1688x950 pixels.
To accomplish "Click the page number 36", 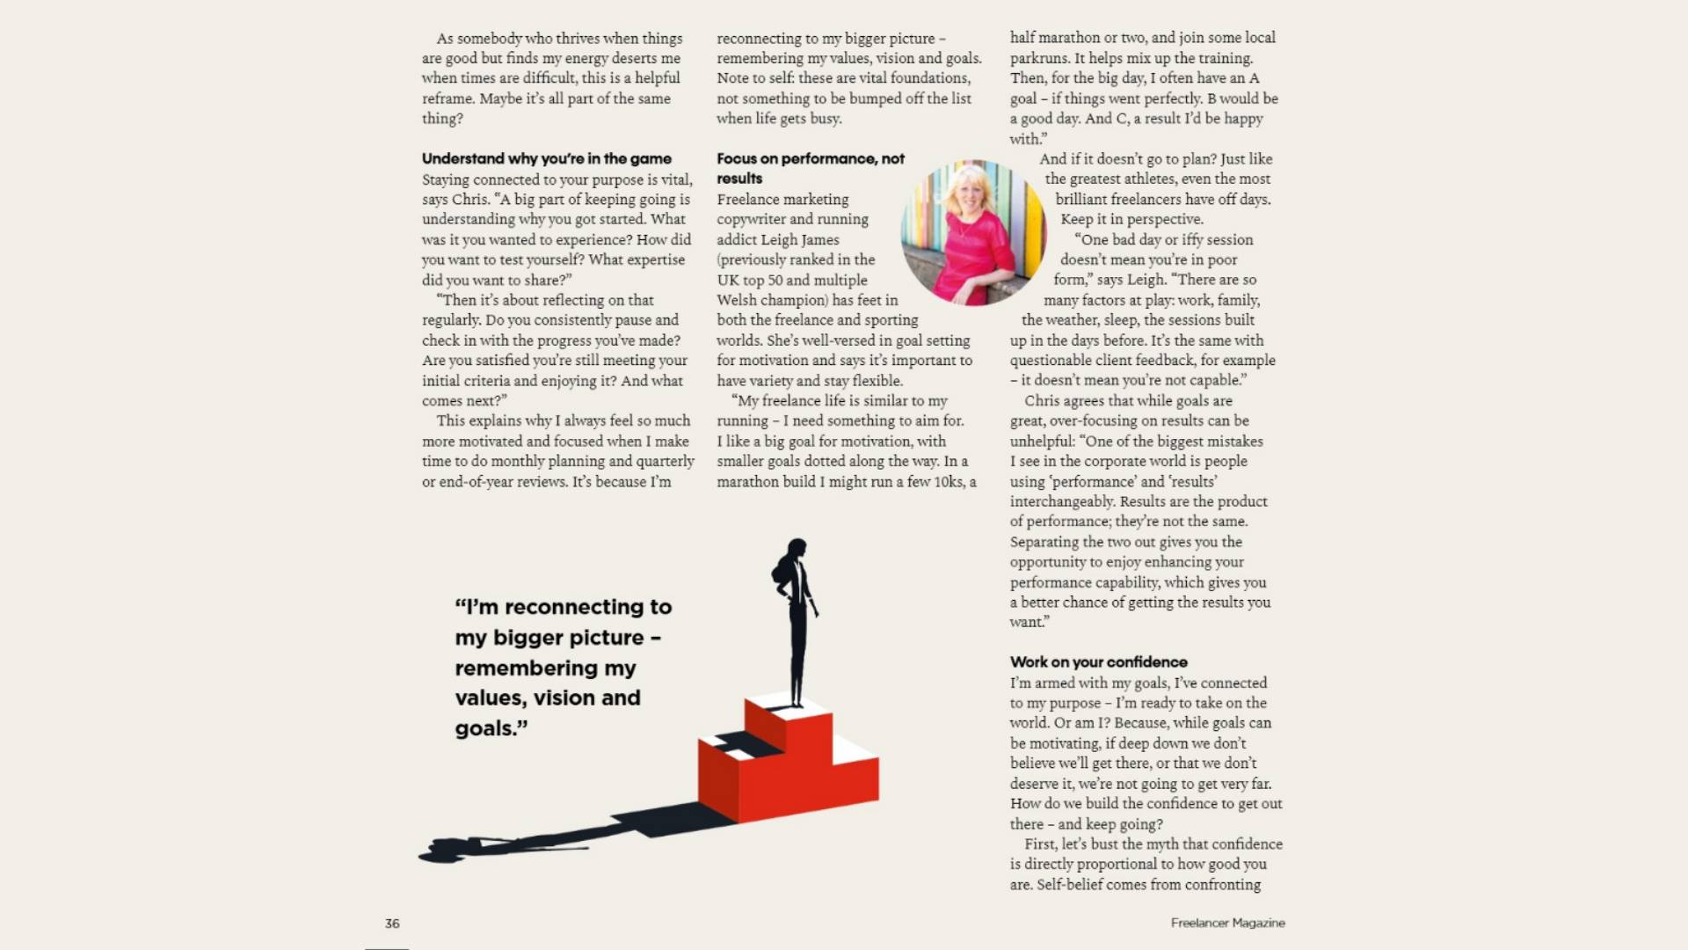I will (392, 924).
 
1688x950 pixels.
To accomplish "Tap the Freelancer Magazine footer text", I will (1227, 923).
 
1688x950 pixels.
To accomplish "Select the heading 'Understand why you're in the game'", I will (546, 158).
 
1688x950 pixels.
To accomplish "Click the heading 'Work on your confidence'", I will (1098, 662).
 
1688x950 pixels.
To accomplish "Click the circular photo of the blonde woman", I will (973, 232).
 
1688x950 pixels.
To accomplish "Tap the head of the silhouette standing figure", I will (797, 550).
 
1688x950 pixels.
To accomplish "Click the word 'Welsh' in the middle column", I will (736, 300).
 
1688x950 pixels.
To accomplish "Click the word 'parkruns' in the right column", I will (1038, 58).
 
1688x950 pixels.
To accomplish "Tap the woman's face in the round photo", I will (970, 196).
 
